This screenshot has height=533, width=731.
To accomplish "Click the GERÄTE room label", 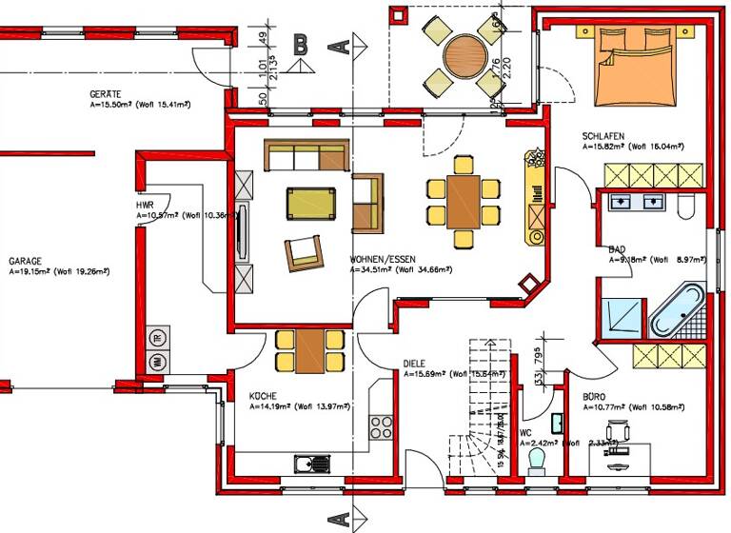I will (105, 95).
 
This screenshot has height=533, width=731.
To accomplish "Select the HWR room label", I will (145, 205).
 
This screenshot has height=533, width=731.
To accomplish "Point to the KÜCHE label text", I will (263, 395).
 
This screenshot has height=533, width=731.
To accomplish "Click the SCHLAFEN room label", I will (603, 137).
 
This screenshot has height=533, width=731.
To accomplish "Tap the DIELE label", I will (414, 363).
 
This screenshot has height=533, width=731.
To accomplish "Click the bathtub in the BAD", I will (677, 310).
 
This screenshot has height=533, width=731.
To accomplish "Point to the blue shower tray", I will (621, 313).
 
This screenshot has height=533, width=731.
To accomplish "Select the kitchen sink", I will (311, 464).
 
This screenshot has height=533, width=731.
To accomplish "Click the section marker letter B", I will (301, 43).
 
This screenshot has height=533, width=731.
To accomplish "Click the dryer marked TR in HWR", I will (157, 338).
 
